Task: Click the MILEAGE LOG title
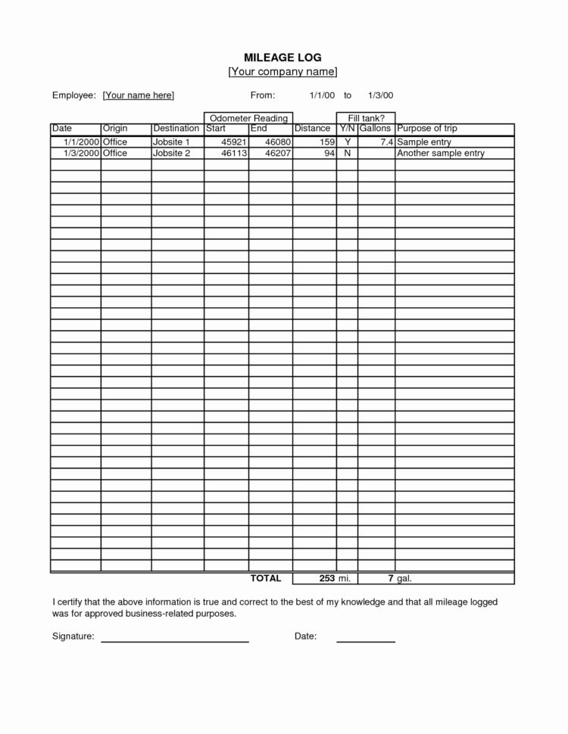tap(282, 57)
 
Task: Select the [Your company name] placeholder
tap(282, 72)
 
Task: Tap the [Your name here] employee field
tap(139, 95)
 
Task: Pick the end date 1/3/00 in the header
tap(380, 95)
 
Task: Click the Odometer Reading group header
tap(248, 118)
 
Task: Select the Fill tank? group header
tap(366, 118)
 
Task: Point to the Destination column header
tap(176, 129)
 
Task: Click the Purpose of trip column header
tap(427, 129)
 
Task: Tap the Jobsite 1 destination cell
tap(171, 142)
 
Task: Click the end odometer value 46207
tap(278, 153)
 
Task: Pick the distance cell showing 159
tap(327, 142)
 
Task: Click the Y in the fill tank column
tap(347, 142)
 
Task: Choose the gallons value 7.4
tap(386, 142)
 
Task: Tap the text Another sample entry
tap(441, 153)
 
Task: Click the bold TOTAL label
tap(266, 578)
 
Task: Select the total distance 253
tap(326, 578)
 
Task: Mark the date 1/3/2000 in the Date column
tap(78, 153)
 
